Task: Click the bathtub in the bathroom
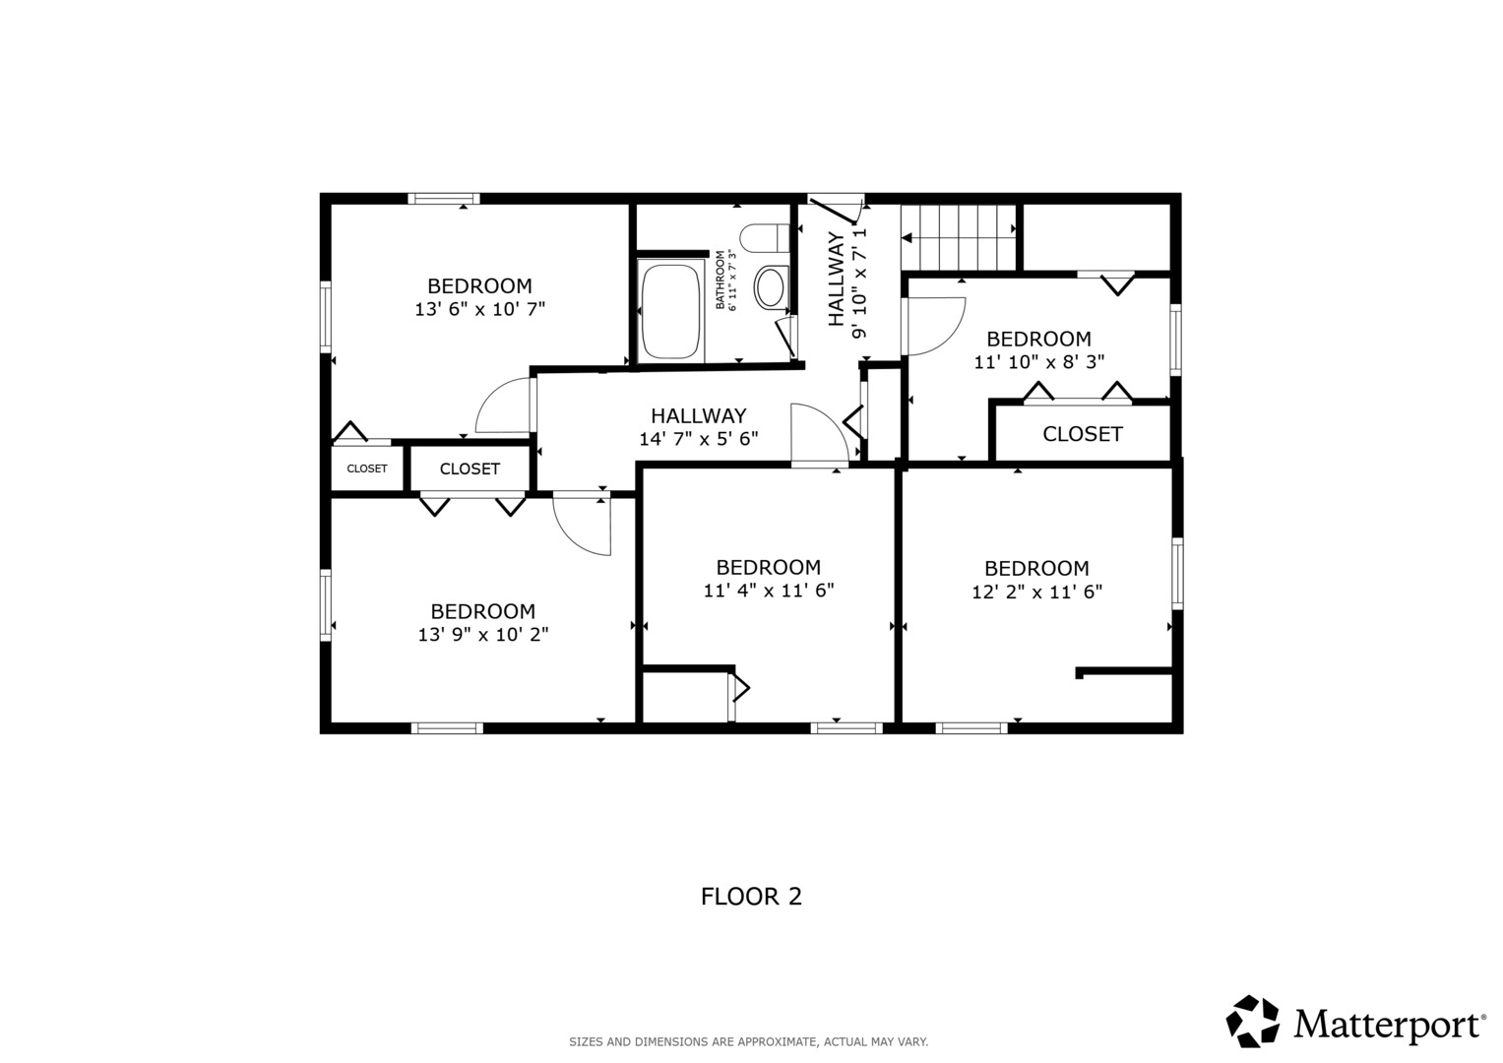(x=670, y=311)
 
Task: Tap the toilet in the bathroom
(x=765, y=238)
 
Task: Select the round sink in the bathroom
(x=771, y=287)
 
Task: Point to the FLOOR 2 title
(x=751, y=897)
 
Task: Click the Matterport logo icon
(x=1252, y=1022)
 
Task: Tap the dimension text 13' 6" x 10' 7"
(x=479, y=309)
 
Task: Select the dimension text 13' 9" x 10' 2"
(x=483, y=634)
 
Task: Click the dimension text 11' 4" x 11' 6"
(x=769, y=591)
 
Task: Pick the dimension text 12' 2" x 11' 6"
(x=1036, y=592)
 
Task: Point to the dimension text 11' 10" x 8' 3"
(x=1038, y=362)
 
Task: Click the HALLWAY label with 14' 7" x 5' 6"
(x=699, y=415)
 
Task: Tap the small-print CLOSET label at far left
(x=367, y=469)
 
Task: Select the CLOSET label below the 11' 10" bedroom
(x=1083, y=434)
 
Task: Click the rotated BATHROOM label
(x=720, y=280)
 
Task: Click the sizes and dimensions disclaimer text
(x=749, y=1042)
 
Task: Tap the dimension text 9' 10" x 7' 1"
(x=859, y=283)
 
